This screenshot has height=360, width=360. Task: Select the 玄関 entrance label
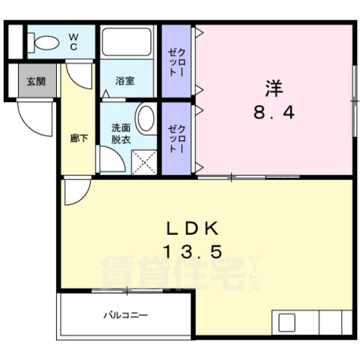[35, 81]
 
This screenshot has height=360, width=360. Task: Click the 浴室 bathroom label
[124, 80]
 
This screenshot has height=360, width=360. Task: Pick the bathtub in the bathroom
[127, 43]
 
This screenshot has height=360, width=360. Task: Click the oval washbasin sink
[145, 118]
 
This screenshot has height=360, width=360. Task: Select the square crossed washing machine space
[143, 161]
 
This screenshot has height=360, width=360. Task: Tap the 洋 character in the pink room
[272, 87]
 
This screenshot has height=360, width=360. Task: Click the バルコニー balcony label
[125, 315]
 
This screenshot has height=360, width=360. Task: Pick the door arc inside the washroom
[111, 159]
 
